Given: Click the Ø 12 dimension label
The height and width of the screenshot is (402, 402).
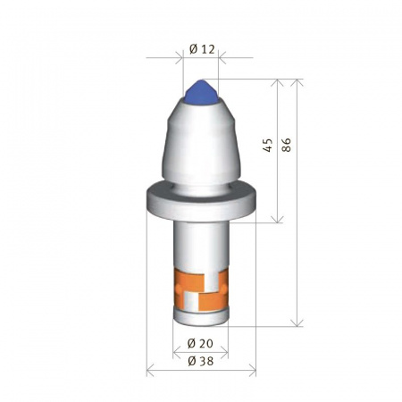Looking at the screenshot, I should click(x=203, y=49).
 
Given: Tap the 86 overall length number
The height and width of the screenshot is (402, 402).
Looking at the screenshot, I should click(x=287, y=145).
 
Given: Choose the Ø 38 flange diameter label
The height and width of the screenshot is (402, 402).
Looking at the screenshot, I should click(x=201, y=361).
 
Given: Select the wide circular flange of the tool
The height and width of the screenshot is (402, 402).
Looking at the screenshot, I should click(x=201, y=200).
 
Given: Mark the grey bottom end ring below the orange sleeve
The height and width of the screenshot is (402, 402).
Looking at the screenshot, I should click(x=201, y=315).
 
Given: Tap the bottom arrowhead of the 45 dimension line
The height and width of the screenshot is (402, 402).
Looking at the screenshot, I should click(x=281, y=219).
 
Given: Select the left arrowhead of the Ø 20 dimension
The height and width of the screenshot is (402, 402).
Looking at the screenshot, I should click(x=175, y=353).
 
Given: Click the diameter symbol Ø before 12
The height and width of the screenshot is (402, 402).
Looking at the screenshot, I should click(x=194, y=49).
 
